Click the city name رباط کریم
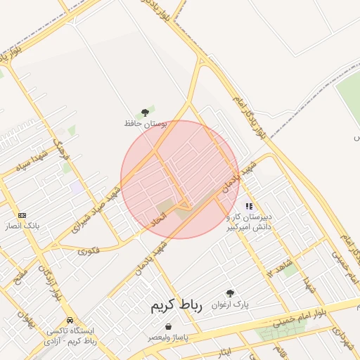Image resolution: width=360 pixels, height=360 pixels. pos(176,307)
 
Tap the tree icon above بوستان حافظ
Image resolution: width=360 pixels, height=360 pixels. pos(146,112)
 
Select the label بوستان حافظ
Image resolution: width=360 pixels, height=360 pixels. pos(145,124)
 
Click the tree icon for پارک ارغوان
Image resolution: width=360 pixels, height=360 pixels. pos(230,293)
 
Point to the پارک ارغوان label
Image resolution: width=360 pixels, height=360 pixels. pos(231,305)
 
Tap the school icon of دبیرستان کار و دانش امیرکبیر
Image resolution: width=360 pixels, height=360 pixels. pos(249,206)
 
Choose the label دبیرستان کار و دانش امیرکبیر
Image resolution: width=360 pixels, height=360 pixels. pos(249,222)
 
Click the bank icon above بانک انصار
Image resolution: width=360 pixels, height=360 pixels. pos(22,215)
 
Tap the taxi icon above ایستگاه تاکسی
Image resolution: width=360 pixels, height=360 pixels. pos(68,319)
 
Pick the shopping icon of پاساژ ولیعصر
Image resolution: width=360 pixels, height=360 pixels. pos(168,326)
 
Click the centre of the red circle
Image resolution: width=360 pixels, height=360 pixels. pos(180,179)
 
